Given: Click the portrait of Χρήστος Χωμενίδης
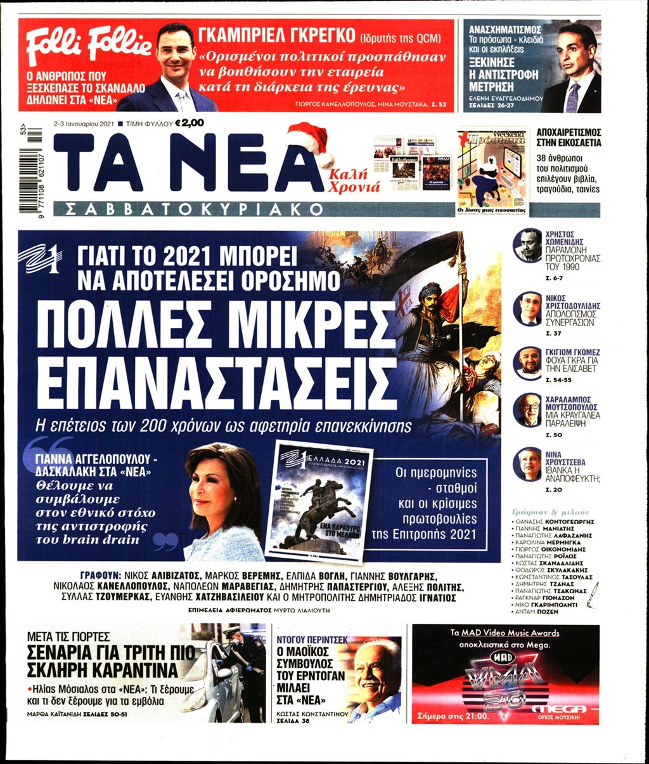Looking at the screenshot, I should click(x=528, y=246).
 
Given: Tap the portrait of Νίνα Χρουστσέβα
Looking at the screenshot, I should click(x=527, y=464).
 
